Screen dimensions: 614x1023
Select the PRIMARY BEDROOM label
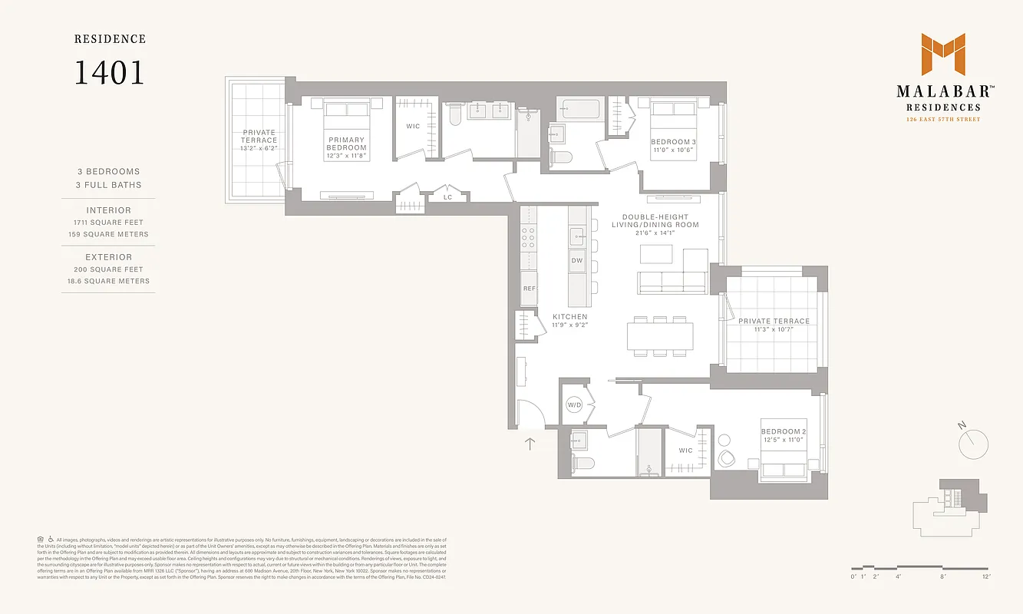tap(346, 144)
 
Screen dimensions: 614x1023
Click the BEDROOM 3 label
tap(674, 142)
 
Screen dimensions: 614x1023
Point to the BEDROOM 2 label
tap(784, 432)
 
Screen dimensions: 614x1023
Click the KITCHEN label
tap(570, 316)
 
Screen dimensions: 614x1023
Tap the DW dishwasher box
tap(577, 261)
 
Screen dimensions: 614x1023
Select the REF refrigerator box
tap(529, 289)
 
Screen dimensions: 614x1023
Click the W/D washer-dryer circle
tap(575, 404)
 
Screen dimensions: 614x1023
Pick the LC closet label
tap(448, 197)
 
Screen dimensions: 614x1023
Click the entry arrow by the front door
tap(530, 442)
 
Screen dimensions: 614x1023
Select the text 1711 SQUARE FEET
tap(108, 223)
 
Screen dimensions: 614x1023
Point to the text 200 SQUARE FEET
tap(108, 269)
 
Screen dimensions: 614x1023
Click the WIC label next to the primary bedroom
tap(413, 127)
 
